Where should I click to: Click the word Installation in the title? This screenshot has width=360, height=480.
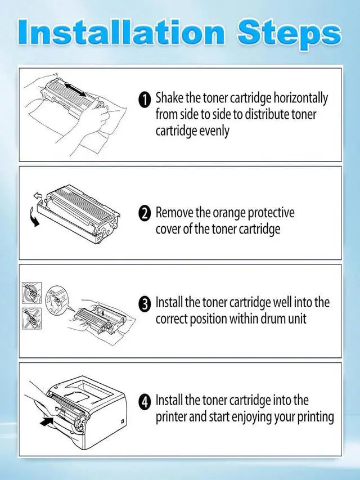click(121, 32)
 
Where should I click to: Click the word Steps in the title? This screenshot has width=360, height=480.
click(289, 33)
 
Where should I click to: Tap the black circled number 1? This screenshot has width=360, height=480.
click(145, 100)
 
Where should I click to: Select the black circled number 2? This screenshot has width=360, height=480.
click(145, 213)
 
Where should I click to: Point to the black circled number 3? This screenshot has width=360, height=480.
click(145, 303)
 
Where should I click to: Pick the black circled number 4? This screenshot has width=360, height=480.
click(145, 401)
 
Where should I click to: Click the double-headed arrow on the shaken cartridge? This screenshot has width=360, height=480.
click(75, 89)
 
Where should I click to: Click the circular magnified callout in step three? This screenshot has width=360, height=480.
click(57, 299)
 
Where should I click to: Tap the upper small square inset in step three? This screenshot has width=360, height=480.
click(32, 293)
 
